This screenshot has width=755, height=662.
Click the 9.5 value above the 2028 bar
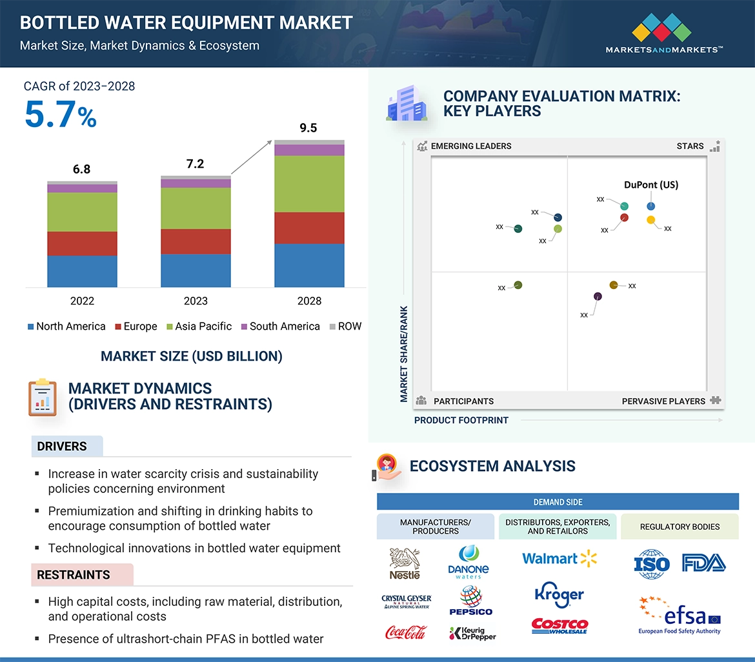click(308, 128)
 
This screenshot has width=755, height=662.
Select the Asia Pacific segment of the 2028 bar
click(309, 184)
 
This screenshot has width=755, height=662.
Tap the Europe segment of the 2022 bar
click(82, 244)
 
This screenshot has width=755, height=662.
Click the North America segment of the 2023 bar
click(196, 270)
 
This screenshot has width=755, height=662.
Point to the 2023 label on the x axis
click(196, 301)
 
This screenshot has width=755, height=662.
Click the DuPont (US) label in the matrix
click(651, 185)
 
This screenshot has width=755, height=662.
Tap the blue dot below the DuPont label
click(650, 206)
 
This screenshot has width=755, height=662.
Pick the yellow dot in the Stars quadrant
click(650, 220)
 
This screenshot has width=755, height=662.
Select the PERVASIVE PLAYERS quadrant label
click(663, 401)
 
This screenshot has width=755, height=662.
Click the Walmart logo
click(559, 558)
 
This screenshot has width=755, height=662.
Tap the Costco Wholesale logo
click(559, 626)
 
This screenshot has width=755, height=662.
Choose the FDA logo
click(703, 563)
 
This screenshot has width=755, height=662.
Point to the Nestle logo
click(405, 563)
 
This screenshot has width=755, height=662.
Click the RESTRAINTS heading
click(74, 575)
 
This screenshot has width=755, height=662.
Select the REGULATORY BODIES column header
click(679, 527)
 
